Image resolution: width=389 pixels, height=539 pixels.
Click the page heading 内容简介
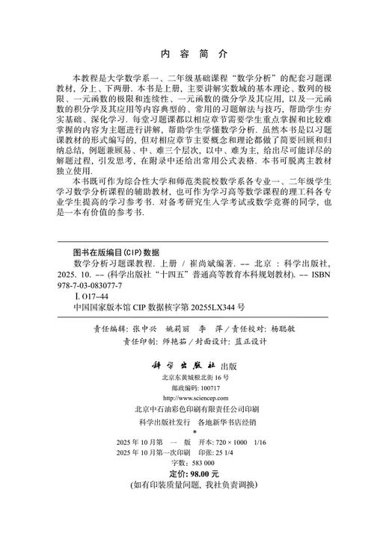tap(194, 54)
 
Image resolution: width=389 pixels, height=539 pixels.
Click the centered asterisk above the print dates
tap(194, 432)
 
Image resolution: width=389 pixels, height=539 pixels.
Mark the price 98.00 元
tap(203, 473)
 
